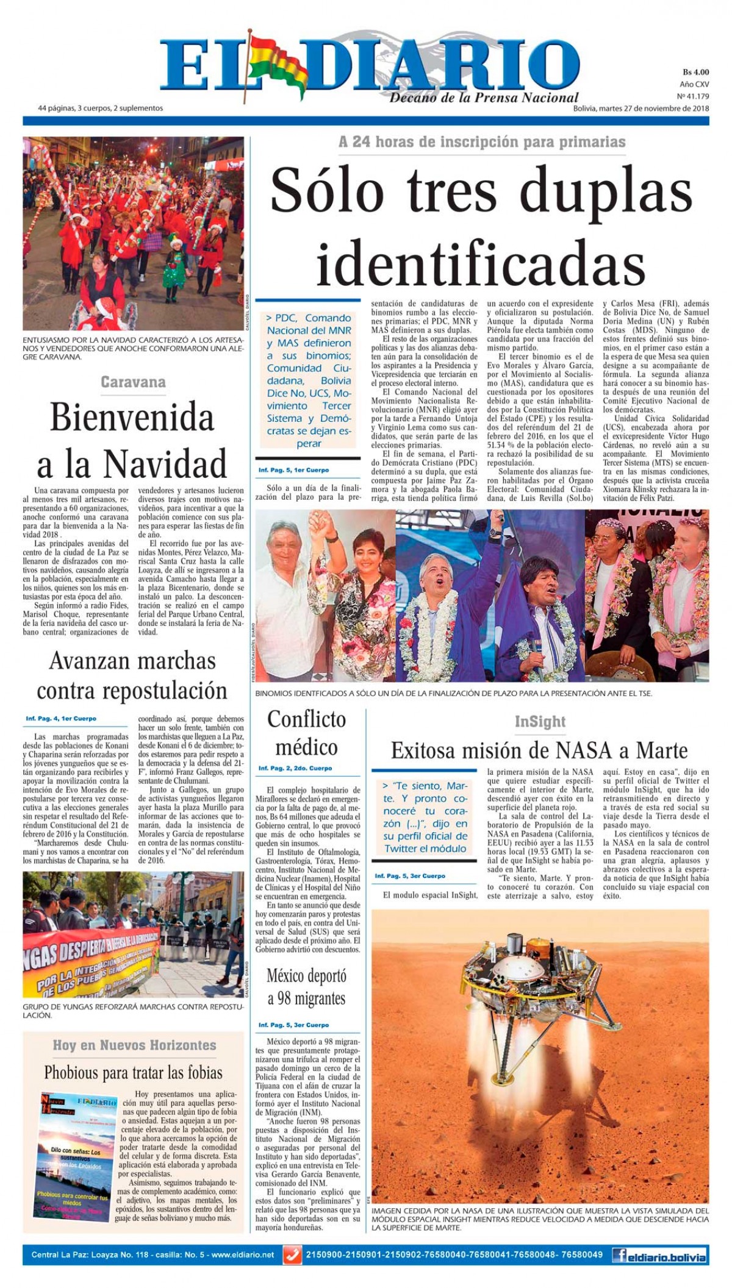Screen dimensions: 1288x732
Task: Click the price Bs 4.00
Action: point(695,72)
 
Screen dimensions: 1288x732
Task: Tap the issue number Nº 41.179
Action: point(693,96)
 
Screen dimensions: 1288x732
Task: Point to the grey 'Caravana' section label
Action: point(133,382)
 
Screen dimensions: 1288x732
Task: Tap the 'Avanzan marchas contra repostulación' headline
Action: point(132,675)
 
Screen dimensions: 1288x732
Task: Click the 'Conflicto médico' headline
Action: point(306,733)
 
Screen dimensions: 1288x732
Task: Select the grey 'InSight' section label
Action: point(540,722)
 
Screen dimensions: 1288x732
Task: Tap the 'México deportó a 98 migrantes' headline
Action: point(306,987)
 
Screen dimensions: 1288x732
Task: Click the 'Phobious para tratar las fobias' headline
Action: point(133,1072)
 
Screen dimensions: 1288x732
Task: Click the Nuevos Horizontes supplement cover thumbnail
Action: point(77,1156)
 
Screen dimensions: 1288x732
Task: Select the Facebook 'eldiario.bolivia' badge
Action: point(659,1255)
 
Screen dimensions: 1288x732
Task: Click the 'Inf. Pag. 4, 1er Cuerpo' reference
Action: point(61,719)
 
